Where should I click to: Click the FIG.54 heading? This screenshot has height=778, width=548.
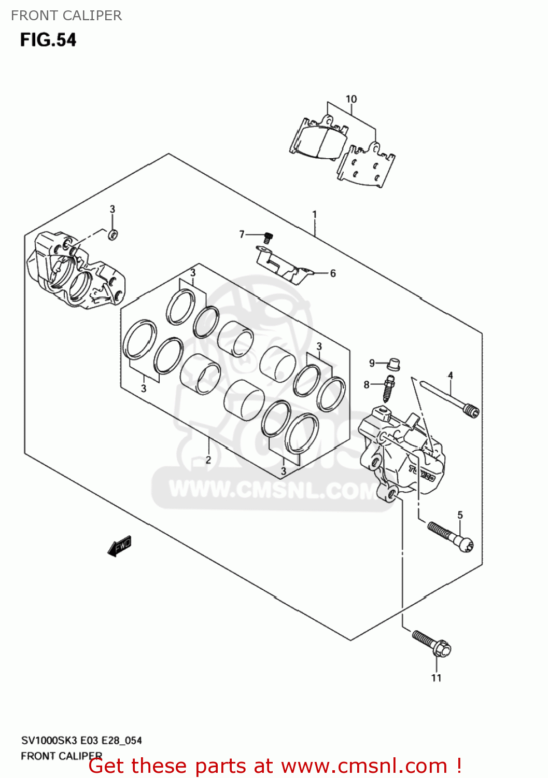pos(48,40)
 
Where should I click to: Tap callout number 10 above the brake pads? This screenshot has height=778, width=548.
pos(351,99)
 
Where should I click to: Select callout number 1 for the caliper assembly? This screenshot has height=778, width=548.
pos(314,214)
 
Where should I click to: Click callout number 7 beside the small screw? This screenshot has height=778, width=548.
pos(242,235)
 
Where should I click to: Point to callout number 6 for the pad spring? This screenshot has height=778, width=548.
pos(333,273)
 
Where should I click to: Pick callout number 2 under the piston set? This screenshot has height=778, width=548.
pos(208,460)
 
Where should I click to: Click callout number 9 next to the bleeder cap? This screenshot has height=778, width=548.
pos(372,363)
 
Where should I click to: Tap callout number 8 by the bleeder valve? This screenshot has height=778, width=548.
pos(367,385)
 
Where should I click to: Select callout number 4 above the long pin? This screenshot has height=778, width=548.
pos(450,376)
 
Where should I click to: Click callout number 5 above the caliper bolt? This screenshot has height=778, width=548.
pos(460,515)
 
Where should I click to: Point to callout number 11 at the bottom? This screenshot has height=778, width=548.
pos(437,678)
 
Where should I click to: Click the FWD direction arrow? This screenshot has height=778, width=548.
pos(120,546)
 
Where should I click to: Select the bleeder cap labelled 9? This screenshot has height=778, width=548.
pos(394,364)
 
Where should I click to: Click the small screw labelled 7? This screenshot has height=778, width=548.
pos(268,238)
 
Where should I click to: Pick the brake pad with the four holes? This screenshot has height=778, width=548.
pos(366,166)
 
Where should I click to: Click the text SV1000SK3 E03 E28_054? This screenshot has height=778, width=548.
pos(81,741)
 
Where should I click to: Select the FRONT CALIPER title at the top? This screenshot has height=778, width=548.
pos(66,16)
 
